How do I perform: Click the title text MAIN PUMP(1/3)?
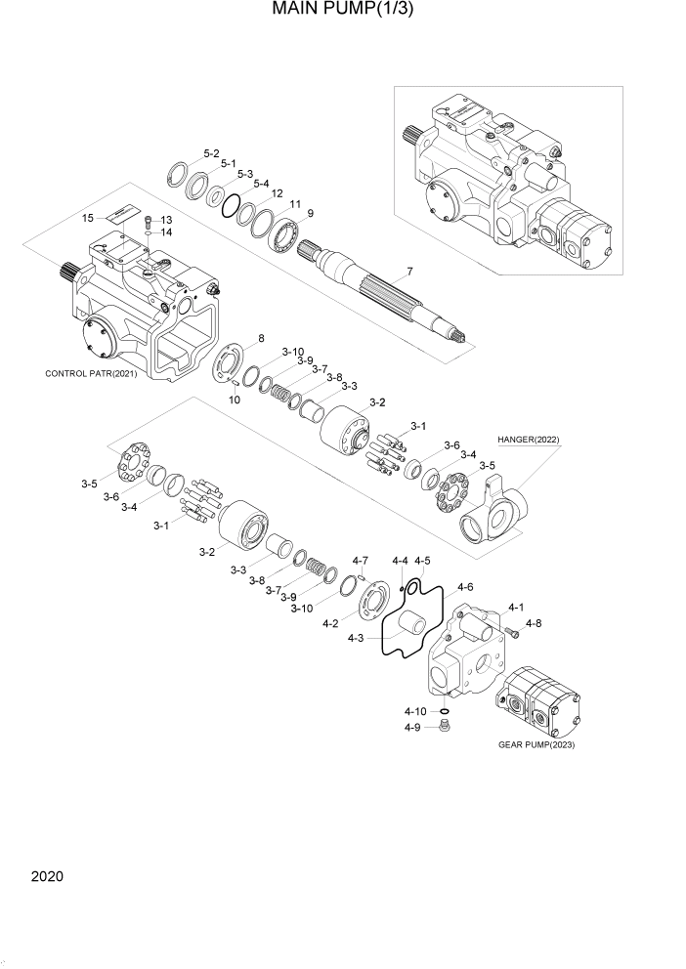(342, 14)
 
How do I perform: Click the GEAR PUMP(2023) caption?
(536, 745)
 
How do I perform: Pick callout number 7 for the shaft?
(409, 272)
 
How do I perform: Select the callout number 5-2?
(211, 153)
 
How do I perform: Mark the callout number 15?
(87, 218)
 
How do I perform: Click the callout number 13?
(165, 220)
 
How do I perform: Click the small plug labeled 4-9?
(445, 726)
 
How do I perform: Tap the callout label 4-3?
(358, 639)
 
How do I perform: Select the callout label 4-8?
(533, 622)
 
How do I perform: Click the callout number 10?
(235, 399)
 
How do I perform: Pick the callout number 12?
(277, 193)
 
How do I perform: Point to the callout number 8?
(261, 339)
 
